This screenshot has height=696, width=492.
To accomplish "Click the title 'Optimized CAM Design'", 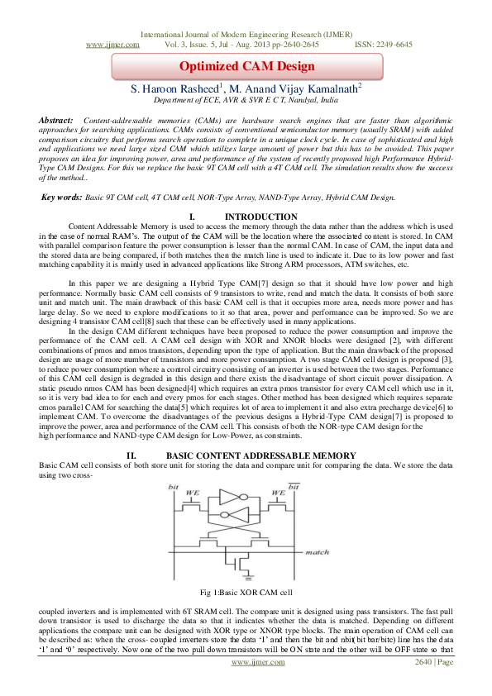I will click(245, 65).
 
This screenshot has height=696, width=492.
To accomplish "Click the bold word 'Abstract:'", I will click(56, 121).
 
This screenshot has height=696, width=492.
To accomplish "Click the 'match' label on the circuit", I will click(316, 552).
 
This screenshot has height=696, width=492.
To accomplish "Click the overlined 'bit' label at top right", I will click(294, 488).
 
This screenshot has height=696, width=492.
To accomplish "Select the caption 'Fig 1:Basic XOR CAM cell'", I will click(245, 594).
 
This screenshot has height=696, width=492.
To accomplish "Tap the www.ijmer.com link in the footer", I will click(251, 662).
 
